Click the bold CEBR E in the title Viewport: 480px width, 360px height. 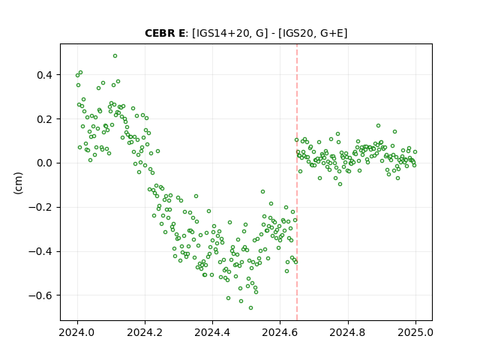(165, 33)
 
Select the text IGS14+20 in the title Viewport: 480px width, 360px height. (220, 33)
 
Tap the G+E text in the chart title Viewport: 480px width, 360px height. (331, 33)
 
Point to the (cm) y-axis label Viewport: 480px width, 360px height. (18, 183)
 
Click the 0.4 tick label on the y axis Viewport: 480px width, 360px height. (44, 75)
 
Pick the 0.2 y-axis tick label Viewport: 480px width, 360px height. (44, 119)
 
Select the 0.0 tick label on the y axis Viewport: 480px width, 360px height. (44, 163)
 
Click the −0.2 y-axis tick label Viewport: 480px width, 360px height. (40, 207)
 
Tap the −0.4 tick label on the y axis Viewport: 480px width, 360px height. (40, 251)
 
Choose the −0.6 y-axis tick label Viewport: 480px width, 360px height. (40, 295)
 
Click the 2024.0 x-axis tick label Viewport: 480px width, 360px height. (77, 332)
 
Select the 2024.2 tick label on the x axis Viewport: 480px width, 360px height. (145, 332)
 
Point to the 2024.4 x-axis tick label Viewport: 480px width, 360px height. (212, 332)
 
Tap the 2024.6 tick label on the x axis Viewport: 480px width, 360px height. (280, 332)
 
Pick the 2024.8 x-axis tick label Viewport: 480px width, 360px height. (347, 332)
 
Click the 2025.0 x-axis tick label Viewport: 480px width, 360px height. (415, 332)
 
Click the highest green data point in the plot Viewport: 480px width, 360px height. (115, 56)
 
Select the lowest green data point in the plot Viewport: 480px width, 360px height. (250, 308)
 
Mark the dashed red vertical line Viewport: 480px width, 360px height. (297, 182)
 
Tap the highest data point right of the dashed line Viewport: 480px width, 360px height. (378, 126)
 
